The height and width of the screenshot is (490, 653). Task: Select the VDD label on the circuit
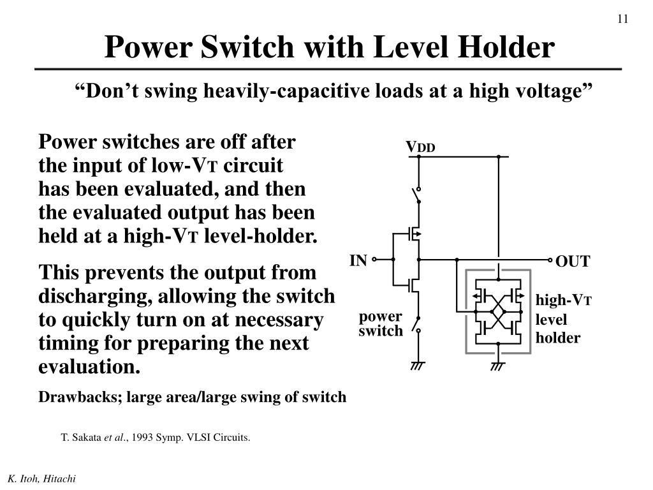coord(420,148)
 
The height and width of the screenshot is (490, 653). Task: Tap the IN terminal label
coord(358,260)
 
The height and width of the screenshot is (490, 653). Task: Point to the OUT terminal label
coord(573,262)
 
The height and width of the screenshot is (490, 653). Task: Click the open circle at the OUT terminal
coord(551,260)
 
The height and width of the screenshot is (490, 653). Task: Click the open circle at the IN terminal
coord(374,260)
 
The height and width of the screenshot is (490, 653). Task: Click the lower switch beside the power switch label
coord(418,324)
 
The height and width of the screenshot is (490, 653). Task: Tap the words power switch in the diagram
coord(381,323)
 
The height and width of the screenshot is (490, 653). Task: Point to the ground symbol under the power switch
coord(418,366)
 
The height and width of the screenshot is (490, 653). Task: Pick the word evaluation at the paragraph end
coord(88,367)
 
